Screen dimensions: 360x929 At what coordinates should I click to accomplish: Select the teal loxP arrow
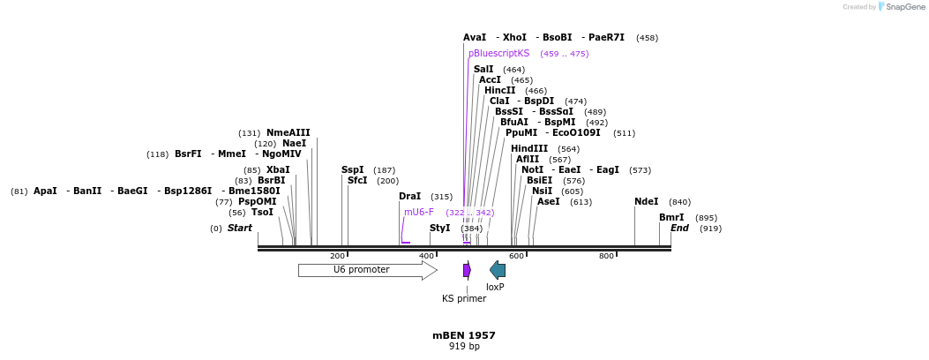click(x=498, y=270)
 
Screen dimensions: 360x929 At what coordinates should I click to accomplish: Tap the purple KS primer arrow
click(x=467, y=270)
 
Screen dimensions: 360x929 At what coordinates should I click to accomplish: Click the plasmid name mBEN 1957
click(x=463, y=335)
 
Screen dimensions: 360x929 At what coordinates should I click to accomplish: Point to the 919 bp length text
click(x=463, y=347)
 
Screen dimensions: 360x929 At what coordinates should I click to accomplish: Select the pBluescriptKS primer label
click(x=498, y=53)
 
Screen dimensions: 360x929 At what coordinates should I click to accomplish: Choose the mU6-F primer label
click(x=419, y=212)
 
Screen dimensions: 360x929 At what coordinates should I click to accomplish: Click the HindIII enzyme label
click(x=529, y=148)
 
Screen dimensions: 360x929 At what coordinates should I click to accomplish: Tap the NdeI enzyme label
click(x=646, y=201)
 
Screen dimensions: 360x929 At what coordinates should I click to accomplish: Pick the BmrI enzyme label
click(x=671, y=217)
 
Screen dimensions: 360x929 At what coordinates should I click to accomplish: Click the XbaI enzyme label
click(x=278, y=169)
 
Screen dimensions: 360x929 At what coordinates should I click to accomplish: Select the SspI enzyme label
click(x=352, y=169)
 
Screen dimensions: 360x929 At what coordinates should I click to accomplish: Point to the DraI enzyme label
click(x=409, y=196)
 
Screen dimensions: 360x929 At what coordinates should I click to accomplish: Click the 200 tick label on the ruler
click(x=337, y=256)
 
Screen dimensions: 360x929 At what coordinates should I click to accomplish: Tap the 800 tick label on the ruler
click(x=606, y=256)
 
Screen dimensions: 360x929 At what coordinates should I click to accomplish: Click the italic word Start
click(x=239, y=228)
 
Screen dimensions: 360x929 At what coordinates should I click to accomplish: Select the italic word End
click(x=679, y=228)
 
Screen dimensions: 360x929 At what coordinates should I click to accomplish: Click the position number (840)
click(x=679, y=202)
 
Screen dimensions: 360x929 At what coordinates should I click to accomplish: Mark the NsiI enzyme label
click(x=542, y=191)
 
